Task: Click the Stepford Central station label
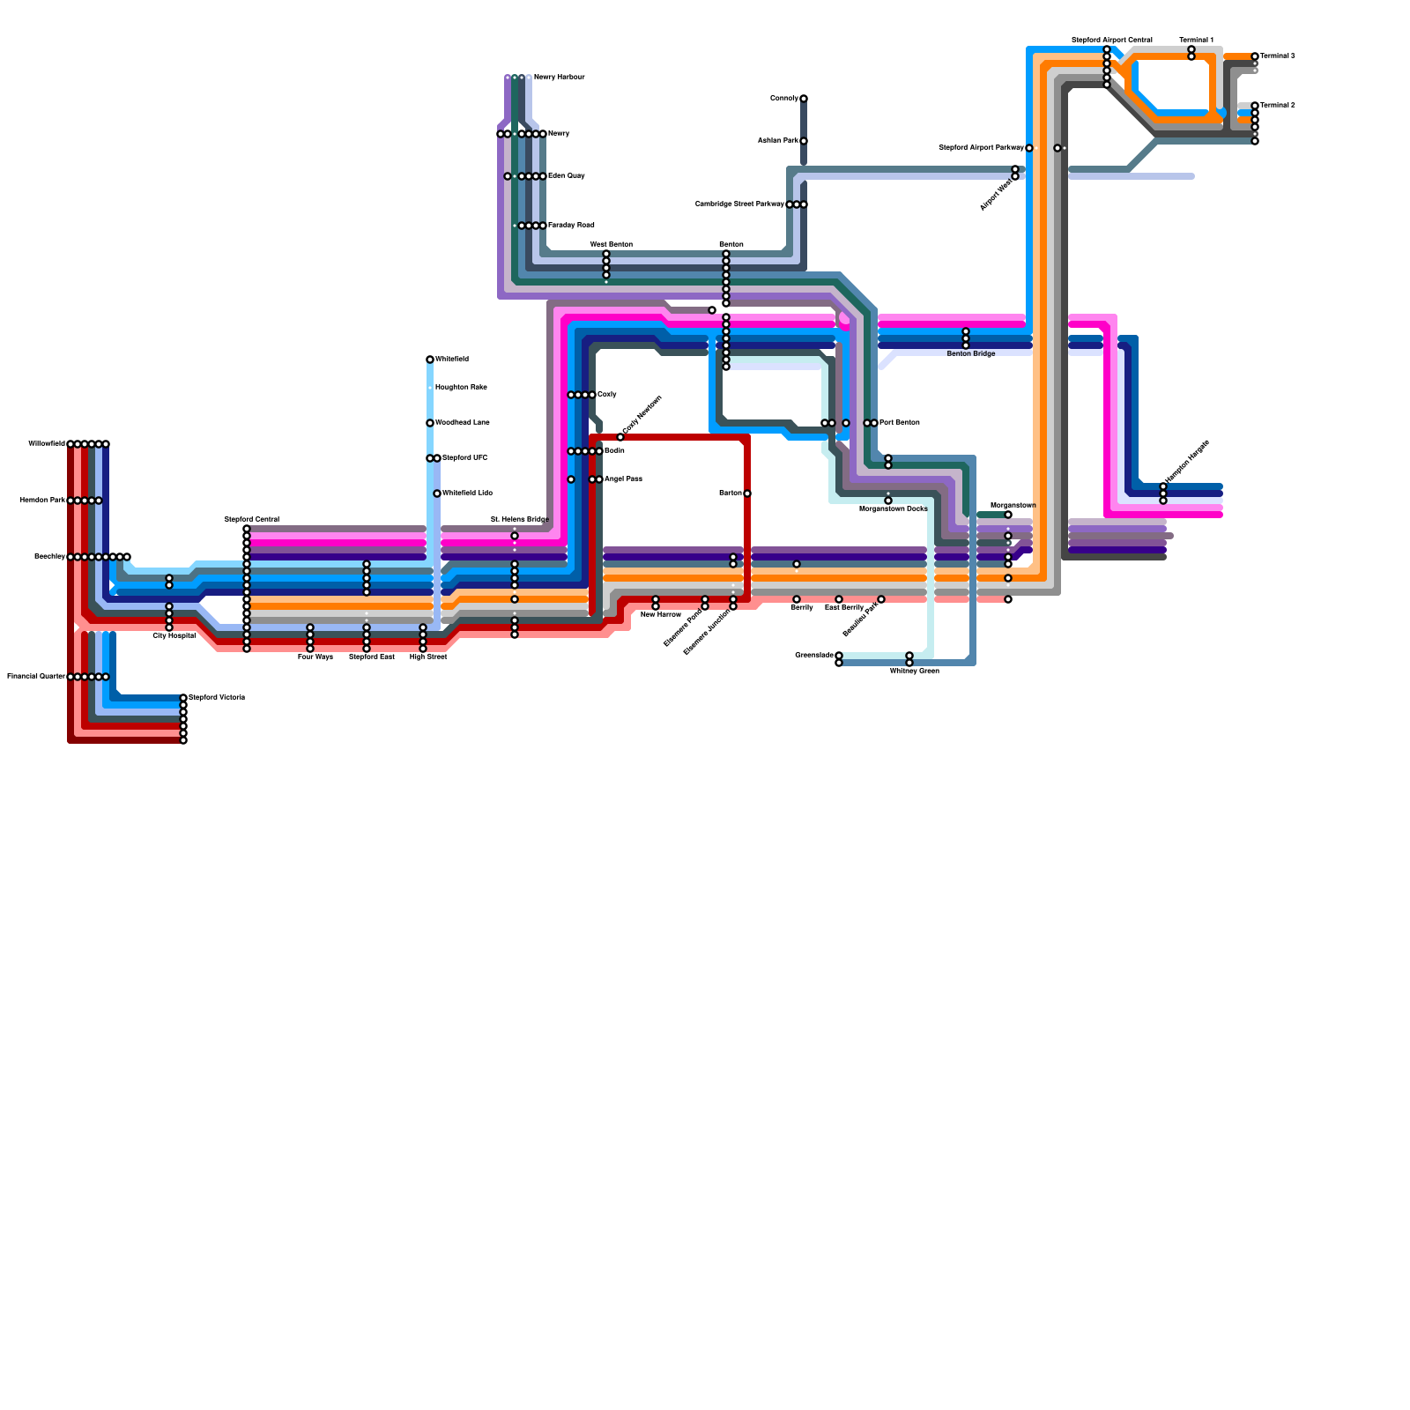tap(251, 519)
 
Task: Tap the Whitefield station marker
tap(430, 360)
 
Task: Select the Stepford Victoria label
tap(217, 697)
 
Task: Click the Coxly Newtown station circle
tap(620, 437)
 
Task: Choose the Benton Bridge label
tap(970, 353)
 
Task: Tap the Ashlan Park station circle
tap(804, 141)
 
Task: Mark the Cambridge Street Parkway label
tap(739, 204)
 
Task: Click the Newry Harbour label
tap(559, 78)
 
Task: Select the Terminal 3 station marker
tap(1255, 56)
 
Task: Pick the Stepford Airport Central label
tap(1111, 40)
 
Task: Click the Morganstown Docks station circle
tap(888, 501)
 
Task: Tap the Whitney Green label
tap(914, 671)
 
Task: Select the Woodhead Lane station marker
tap(430, 423)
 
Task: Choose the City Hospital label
tap(174, 635)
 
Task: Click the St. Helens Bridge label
tap(519, 519)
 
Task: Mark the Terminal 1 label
tap(1196, 40)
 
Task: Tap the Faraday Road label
tap(571, 225)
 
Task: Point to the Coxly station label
tap(606, 394)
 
